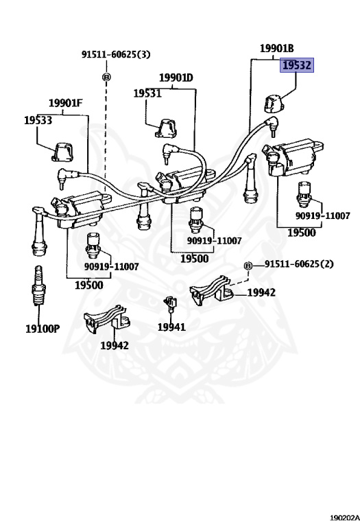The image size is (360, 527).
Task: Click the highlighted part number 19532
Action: coord(296,66)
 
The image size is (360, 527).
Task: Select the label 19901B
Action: coord(276,48)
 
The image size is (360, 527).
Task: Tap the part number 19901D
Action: coord(176,78)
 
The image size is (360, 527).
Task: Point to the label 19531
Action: coord(147,93)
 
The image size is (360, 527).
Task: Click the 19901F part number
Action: coord(65,104)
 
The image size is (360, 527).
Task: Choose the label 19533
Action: coord(38,120)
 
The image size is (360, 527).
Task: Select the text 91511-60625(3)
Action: coord(115,54)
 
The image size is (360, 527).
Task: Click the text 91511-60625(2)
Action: coord(299,264)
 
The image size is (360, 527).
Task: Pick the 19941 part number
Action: coord(171,327)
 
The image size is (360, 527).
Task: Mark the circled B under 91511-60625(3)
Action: coord(106,77)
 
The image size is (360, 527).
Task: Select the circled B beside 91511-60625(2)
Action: coord(248,265)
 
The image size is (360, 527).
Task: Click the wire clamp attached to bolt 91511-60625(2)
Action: coord(213,293)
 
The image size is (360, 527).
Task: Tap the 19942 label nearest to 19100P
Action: coord(113,346)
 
